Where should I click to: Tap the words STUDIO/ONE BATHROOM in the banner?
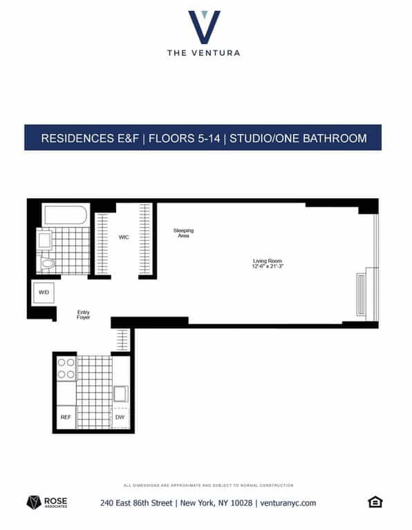[298, 138]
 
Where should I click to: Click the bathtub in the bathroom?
[66, 215]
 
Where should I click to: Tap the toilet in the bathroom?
[47, 263]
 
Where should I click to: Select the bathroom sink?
[45, 240]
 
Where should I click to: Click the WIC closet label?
[124, 237]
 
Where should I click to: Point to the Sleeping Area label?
[183, 233]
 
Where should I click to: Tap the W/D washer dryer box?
[44, 293]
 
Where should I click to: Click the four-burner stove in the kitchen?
[66, 369]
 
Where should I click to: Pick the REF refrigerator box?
[66, 417]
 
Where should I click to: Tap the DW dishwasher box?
[120, 417]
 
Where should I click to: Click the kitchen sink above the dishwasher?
[120, 394]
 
